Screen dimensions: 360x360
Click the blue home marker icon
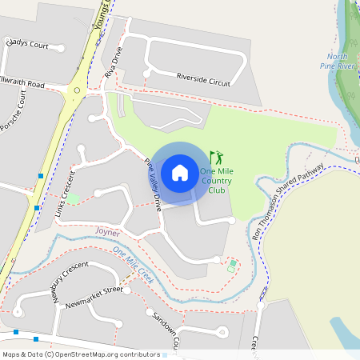pyautogui.click(x=180, y=173)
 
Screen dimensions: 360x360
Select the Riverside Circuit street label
pyautogui.click(x=203, y=79)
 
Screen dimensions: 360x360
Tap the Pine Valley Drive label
pyautogui.click(x=154, y=185)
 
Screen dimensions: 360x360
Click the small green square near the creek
pyautogui.click(x=233, y=263)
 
